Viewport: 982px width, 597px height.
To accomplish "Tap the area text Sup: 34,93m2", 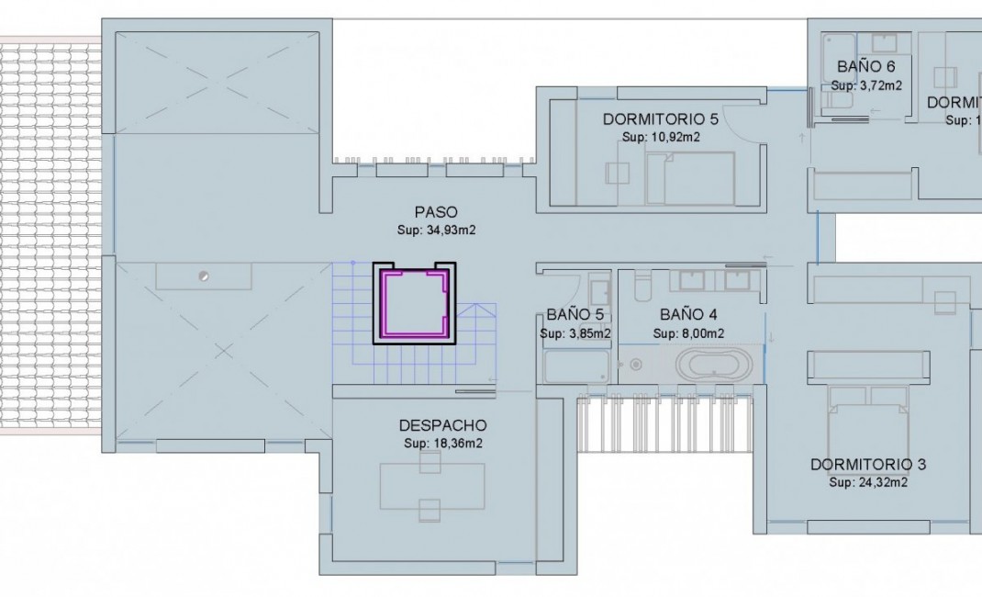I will [x=436, y=230].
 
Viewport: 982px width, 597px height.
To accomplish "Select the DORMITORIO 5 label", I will [x=661, y=119].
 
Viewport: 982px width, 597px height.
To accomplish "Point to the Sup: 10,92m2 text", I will [x=661, y=137].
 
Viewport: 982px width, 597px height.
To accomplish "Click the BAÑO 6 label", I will [x=865, y=67].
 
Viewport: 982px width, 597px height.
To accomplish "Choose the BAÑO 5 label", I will [x=575, y=315].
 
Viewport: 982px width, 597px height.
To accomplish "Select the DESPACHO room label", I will [x=442, y=425].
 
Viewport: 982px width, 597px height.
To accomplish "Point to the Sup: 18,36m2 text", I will [x=442, y=444].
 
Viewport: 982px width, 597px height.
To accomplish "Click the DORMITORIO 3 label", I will [x=868, y=465].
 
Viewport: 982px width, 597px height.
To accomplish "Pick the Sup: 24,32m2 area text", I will [x=868, y=482].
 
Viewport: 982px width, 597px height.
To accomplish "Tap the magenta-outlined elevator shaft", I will [x=415, y=303].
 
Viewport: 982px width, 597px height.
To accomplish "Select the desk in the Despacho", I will [x=433, y=486].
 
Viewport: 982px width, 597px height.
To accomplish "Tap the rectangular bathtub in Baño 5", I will [x=576, y=366].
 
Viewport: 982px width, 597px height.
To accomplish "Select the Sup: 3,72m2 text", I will [x=865, y=85].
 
